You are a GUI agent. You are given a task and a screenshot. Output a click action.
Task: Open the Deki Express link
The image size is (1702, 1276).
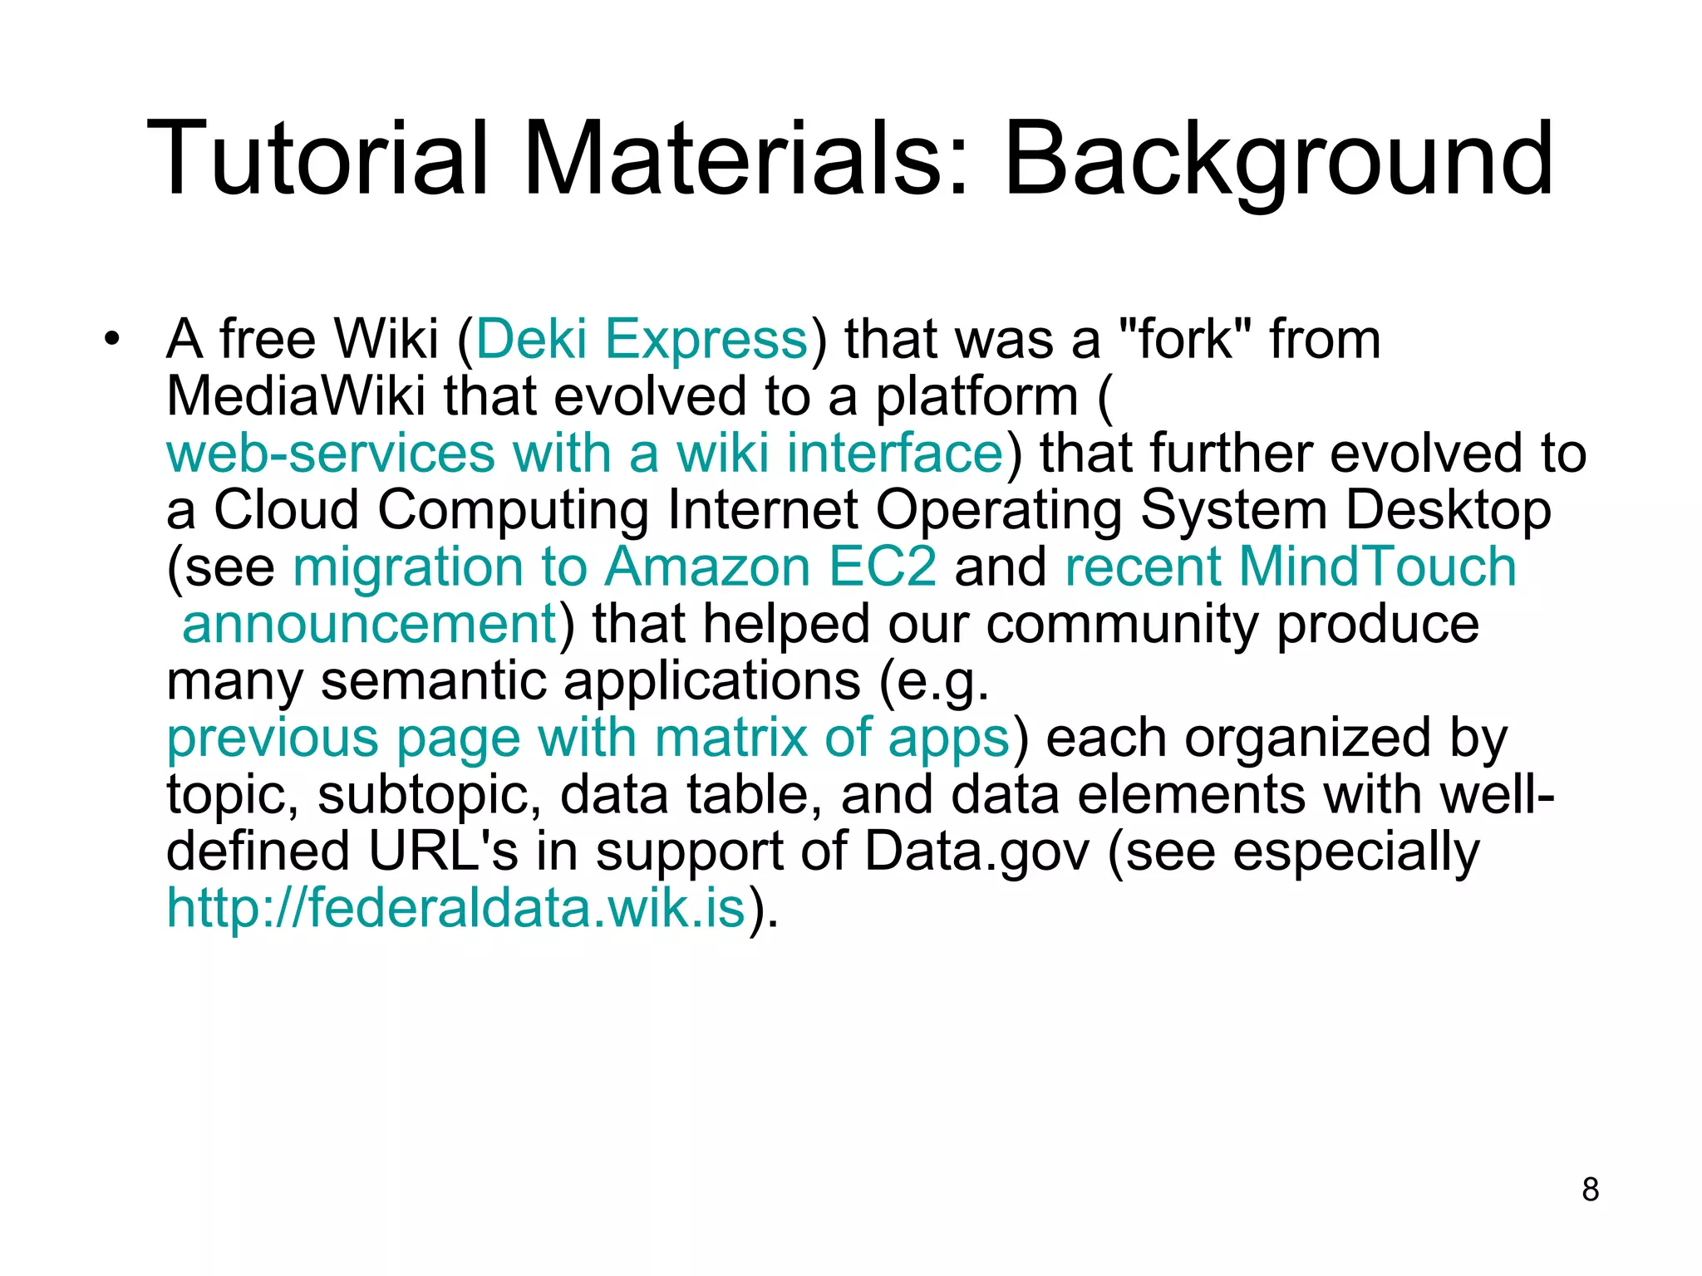click(642, 340)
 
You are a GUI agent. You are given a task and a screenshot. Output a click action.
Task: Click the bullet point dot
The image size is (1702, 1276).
click(112, 340)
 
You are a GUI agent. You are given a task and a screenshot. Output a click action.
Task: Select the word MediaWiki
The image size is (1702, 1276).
click(296, 396)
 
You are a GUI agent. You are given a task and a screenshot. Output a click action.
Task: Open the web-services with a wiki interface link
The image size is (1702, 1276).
click(585, 454)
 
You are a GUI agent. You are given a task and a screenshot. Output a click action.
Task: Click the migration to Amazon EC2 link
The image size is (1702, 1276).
click(614, 567)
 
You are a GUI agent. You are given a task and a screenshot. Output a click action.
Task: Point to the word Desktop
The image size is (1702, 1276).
click(1447, 510)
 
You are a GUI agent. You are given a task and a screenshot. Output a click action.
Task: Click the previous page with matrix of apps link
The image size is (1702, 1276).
click(588, 738)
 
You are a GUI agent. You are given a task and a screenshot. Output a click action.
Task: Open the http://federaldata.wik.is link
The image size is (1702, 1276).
click(455, 908)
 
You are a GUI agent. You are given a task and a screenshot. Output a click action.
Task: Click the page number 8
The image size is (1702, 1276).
click(1590, 1190)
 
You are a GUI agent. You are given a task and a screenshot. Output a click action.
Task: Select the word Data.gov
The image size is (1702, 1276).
click(976, 851)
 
